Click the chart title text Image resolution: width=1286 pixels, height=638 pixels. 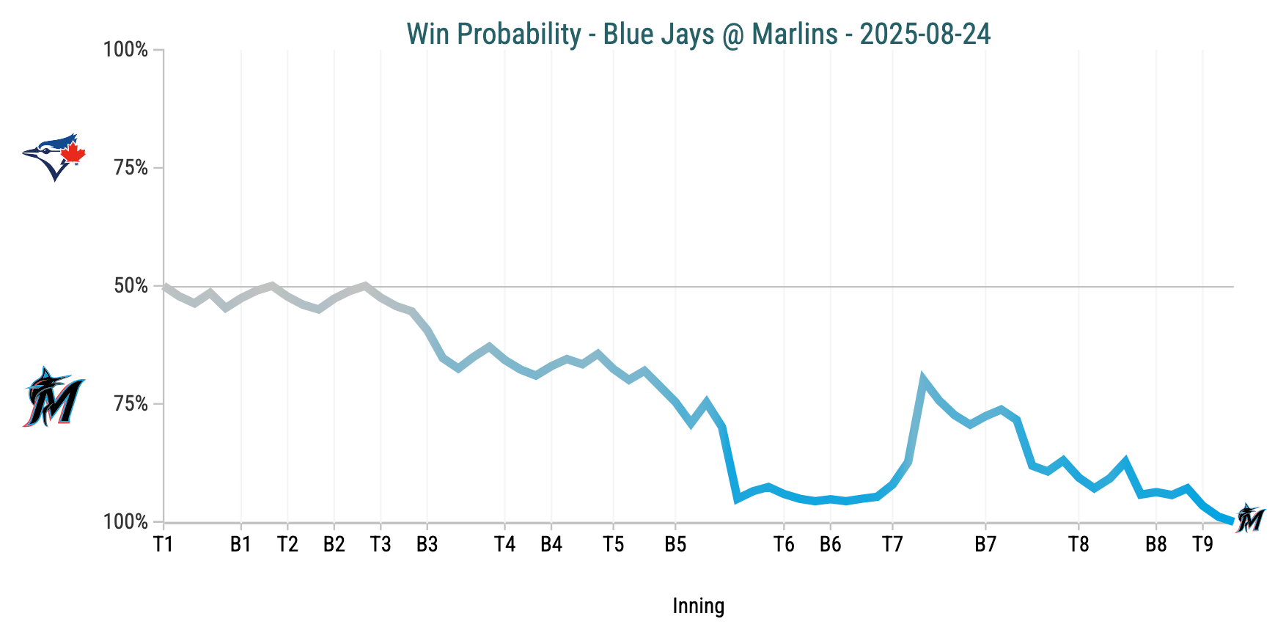click(x=698, y=34)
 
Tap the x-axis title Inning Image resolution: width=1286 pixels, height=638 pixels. click(x=698, y=606)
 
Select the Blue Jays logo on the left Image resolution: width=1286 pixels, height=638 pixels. click(x=54, y=156)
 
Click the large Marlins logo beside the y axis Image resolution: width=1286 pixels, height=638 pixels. click(x=54, y=397)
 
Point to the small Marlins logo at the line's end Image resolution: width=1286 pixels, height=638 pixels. click(x=1250, y=518)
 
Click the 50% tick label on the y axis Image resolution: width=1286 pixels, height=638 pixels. click(x=131, y=286)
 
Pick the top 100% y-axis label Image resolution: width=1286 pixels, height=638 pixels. click(x=126, y=50)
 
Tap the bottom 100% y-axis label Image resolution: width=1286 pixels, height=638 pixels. click(x=126, y=522)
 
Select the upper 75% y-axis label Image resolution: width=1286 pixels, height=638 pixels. click(x=131, y=168)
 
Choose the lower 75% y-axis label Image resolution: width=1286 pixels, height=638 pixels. click(x=131, y=404)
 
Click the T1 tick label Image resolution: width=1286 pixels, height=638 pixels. click(x=163, y=544)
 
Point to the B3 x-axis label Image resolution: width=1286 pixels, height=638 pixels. click(x=427, y=544)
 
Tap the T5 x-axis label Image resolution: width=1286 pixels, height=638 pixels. click(x=613, y=544)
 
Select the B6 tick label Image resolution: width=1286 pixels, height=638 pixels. click(x=830, y=544)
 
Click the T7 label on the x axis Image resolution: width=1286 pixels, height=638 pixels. click(x=892, y=544)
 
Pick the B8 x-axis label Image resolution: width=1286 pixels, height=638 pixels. click(x=1155, y=544)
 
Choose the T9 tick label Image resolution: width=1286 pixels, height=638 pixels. click(x=1202, y=544)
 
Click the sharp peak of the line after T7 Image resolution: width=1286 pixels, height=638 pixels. click(x=923, y=380)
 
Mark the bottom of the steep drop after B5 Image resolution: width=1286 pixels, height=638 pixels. click(x=738, y=499)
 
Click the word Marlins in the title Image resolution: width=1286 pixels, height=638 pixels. click(x=795, y=34)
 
